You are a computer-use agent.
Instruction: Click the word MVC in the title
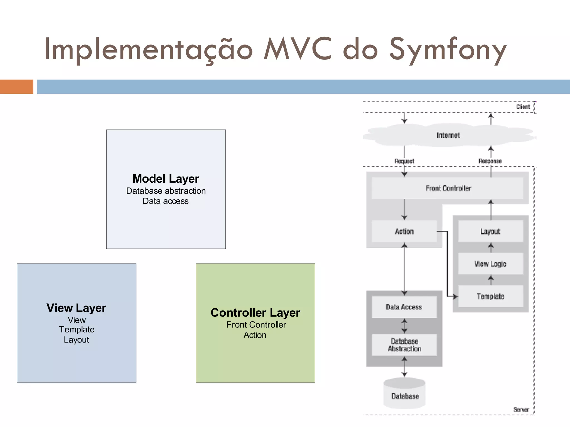pyautogui.click(x=298, y=49)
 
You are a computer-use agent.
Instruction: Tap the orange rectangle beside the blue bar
pyautogui.click(x=16, y=87)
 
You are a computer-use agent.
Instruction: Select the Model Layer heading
pyautogui.click(x=166, y=179)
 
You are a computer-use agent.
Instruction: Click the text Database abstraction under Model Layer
pyautogui.click(x=166, y=191)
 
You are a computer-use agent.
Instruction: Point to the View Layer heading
pyautogui.click(x=76, y=308)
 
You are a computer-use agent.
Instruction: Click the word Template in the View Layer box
pyautogui.click(x=77, y=329)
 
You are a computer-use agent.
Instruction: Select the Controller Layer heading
pyautogui.click(x=255, y=313)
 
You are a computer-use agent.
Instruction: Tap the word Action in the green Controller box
pyautogui.click(x=255, y=335)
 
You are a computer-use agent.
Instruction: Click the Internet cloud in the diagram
pyautogui.click(x=448, y=135)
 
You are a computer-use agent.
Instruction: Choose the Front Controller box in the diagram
pyautogui.click(x=448, y=188)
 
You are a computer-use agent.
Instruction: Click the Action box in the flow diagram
pyautogui.click(x=404, y=231)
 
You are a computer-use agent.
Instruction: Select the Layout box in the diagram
pyautogui.click(x=490, y=231)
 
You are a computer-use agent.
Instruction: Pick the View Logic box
pyautogui.click(x=490, y=264)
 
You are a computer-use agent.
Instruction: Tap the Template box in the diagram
pyautogui.click(x=490, y=296)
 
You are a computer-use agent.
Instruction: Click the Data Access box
pyautogui.click(x=404, y=307)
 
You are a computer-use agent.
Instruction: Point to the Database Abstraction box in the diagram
pyautogui.click(x=404, y=345)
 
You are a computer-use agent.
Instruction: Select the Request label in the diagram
pyautogui.click(x=404, y=161)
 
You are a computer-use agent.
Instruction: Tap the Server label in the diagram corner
pyautogui.click(x=521, y=409)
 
